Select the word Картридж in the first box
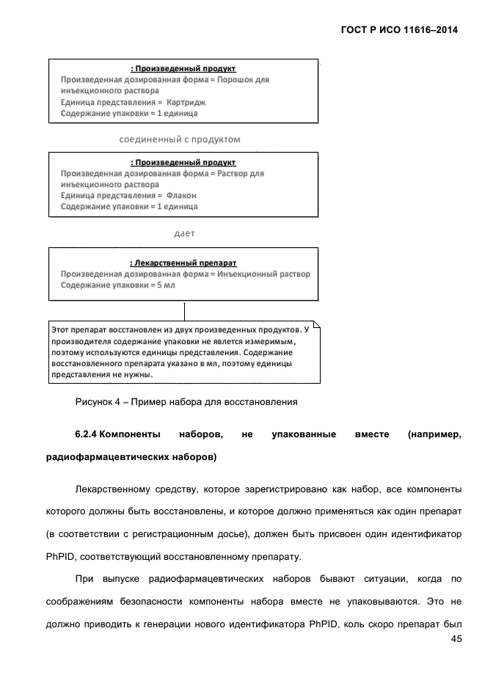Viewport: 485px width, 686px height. pos(187,102)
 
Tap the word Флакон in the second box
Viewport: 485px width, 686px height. pos(181,195)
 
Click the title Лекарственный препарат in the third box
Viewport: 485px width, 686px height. pos(183,262)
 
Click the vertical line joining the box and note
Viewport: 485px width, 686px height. pos(184,310)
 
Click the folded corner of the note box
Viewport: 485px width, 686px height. pos(316,324)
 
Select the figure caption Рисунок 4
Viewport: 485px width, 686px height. pos(103,401)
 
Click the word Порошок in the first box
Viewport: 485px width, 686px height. pos(234,79)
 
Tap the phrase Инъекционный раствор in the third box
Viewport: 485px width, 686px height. pos(263,274)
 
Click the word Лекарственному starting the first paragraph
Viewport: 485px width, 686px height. pos(116,489)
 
